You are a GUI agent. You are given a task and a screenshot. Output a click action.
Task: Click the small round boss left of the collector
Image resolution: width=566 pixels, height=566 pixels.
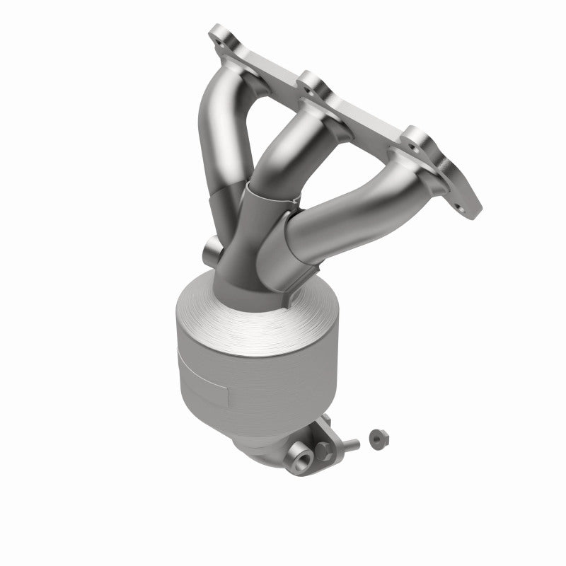(211, 249)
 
